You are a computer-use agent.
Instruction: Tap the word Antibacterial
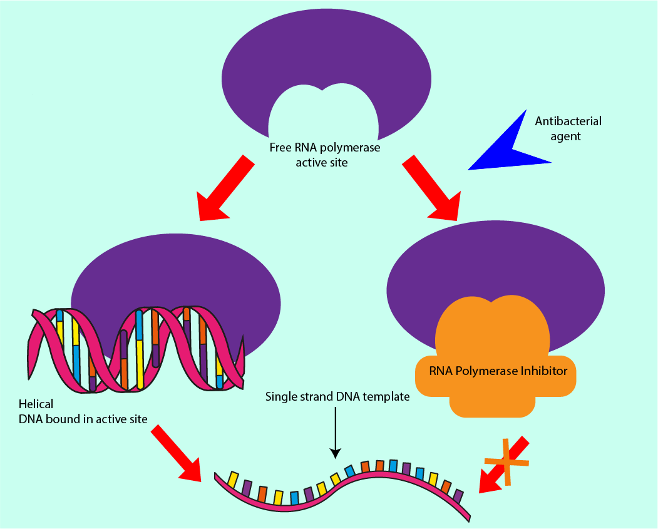[x=568, y=121]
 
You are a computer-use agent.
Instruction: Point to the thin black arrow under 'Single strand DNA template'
[x=336, y=432]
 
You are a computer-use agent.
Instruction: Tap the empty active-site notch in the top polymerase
[x=323, y=116]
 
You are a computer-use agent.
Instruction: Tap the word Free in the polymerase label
[x=280, y=148]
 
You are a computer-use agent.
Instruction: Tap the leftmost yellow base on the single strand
[x=232, y=480]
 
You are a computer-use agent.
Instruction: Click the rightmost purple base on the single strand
[x=459, y=496]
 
